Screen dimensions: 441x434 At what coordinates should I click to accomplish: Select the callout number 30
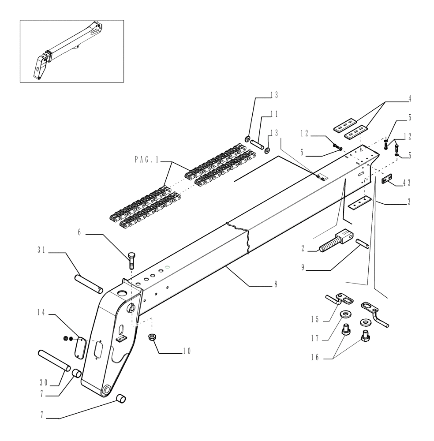(x=42, y=381)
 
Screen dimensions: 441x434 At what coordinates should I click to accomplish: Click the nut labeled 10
(x=152, y=337)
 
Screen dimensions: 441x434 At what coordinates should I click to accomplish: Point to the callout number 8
(x=276, y=285)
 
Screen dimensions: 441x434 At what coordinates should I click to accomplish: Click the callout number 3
(x=409, y=202)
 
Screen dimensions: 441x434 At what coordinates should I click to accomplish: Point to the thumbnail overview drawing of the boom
(x=71, y=51)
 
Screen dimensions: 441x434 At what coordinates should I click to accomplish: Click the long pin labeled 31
(x=90, y=284)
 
